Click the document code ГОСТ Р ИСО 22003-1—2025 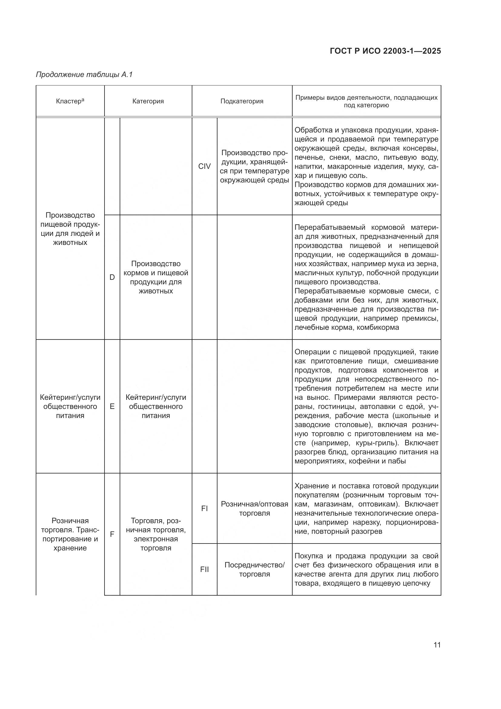tap(385, 51)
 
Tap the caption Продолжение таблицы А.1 tap(84, 75)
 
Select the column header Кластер tap(70, 101)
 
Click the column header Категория tap(148, 101)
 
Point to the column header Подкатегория tap(242, 101)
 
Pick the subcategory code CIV tap(204, 166)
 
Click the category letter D tap(112, 277)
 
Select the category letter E tap(112, 406)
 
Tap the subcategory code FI tap(204, 508)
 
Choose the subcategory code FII tap(204, 570)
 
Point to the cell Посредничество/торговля tap(254, 570)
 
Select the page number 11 tap(437, 645)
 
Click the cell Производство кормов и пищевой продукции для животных tap(156, 277)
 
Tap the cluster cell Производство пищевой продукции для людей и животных tap(70, 229)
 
